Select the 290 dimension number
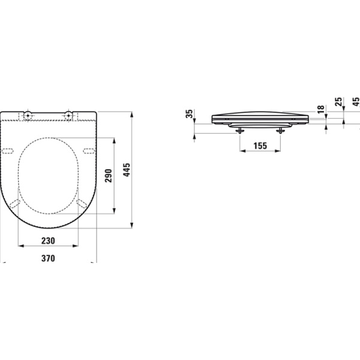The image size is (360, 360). coord(109,175)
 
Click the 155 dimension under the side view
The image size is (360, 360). coord(260,146)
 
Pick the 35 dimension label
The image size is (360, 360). coord(190,114)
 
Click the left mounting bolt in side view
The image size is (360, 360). coord(240,131)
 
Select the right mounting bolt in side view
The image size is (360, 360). coord(280,131)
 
